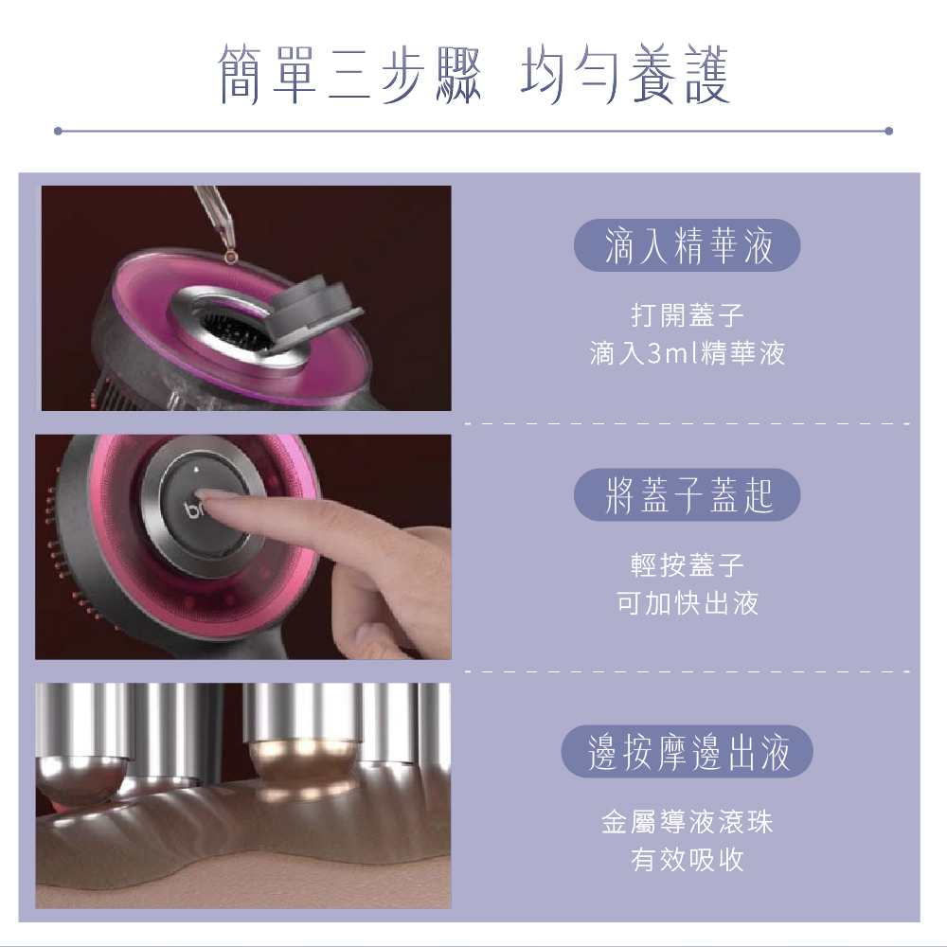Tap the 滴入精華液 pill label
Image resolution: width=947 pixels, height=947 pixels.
(x=688, y=246)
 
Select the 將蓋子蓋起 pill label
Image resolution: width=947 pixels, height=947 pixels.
(x=688, y=496)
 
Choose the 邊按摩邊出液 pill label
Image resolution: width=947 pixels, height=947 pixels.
(x=688, y=753)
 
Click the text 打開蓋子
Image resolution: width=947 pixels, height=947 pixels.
(x=688, y=313)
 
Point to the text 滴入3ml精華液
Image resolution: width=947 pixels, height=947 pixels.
(x=688, y=354)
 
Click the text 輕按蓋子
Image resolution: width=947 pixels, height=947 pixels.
(x=688, y=565)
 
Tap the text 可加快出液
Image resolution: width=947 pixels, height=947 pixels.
(x=688, y=603)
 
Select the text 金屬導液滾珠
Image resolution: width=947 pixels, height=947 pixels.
(x=688, y=821)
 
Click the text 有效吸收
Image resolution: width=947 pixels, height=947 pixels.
(x=688, y=860)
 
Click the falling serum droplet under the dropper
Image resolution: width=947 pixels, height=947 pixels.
(x=227, y=255)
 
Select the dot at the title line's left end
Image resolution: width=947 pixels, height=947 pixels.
(x=58, y=131)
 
